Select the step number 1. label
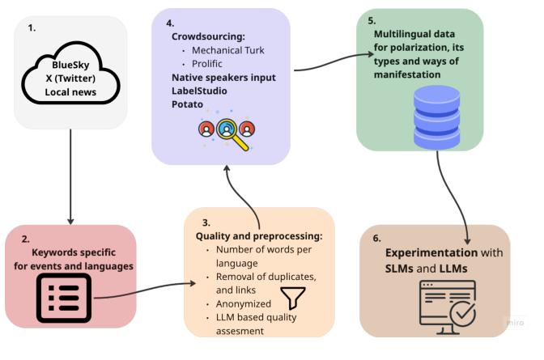point(32,28)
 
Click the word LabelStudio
point(199,91)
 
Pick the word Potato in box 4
point(188,104)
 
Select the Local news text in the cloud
point(70,93)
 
